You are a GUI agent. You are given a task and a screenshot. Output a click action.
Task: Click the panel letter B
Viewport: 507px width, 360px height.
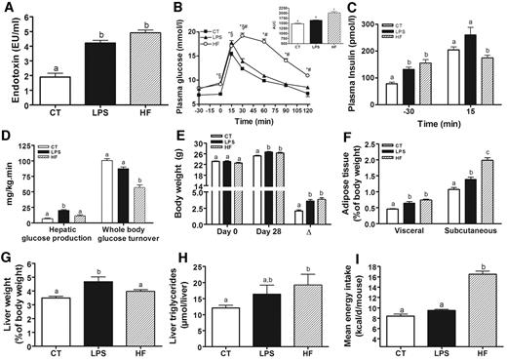(x=178, y=9)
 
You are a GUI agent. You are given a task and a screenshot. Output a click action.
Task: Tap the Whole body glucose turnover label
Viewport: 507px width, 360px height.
(x=120, y=240)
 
